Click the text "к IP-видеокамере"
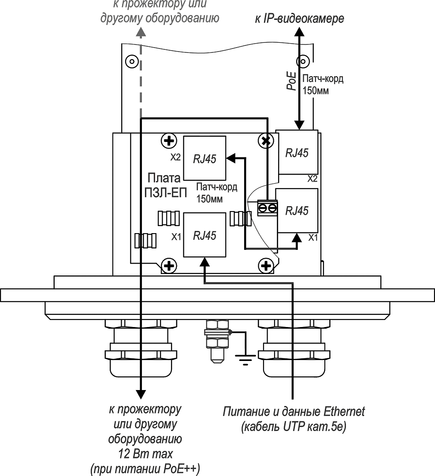299,19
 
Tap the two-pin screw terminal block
268,208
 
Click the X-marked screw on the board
265,141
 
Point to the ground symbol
245,361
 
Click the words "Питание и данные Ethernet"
294,412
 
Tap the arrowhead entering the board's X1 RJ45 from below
204,262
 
